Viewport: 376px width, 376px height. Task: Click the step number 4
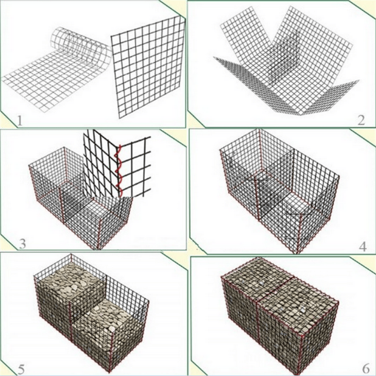pos(363,246)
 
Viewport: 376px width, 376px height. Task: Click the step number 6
pos(365,369)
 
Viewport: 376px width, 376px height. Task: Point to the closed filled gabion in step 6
pos(281,314)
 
